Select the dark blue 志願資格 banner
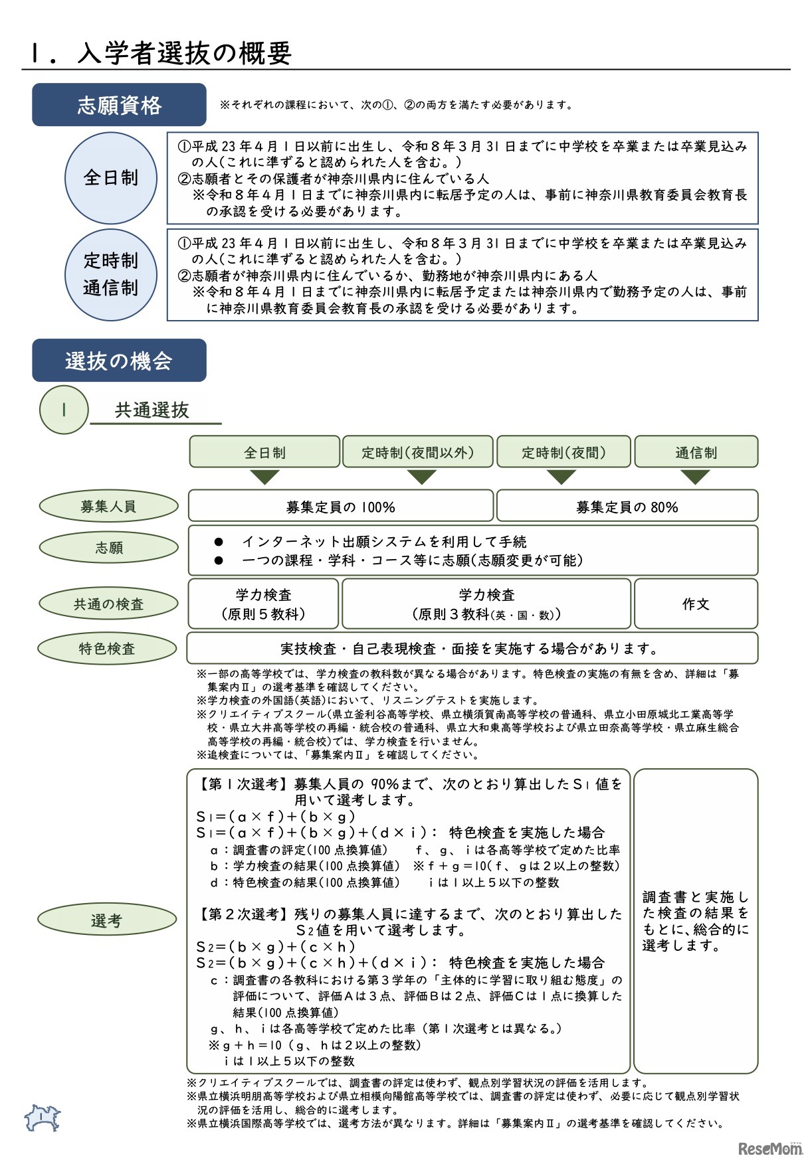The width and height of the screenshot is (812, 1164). pos(119,105)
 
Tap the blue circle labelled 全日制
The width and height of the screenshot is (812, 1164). pos(110,178)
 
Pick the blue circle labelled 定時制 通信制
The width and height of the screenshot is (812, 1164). pos(110,275)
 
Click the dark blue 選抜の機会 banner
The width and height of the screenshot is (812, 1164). pos(119,361)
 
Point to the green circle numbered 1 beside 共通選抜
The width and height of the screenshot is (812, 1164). pos(64,410)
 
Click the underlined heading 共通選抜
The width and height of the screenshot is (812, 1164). pos(152,410)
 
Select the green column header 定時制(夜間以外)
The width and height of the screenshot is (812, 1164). pos(417,452)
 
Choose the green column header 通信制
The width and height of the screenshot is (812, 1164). pos(696,452)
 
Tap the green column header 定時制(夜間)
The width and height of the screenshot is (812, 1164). pos(563,452)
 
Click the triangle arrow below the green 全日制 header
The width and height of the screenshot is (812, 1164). pos(264,477)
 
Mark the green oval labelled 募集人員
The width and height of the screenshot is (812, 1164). pos(108,507)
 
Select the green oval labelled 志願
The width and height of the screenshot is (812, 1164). pos(108,548)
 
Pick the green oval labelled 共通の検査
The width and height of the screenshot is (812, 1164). pos(108,604)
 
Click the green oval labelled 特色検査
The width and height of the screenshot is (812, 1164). pos(107,648)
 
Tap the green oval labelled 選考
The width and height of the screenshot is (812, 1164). pos(106,920)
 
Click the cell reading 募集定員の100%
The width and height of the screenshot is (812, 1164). pos(340,507)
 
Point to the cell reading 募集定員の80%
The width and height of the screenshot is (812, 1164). pos(627,507)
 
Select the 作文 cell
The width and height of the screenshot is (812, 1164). pos(696,604)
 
